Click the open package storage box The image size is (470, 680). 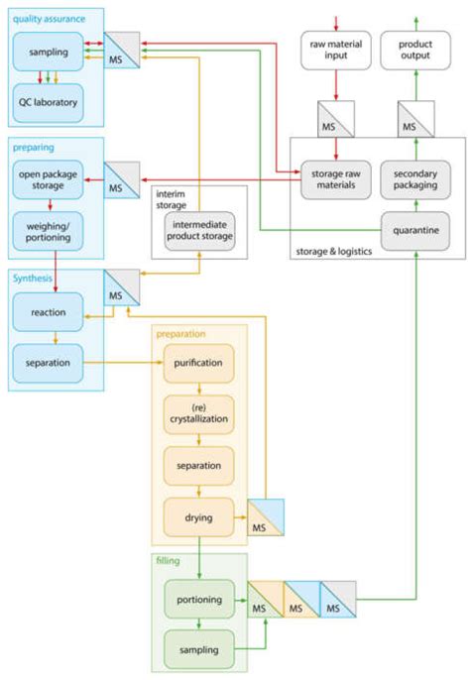(x=48, y=179)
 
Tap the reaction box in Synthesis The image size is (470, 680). (x=48, y=312)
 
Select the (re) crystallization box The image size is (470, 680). (x=198, y=413)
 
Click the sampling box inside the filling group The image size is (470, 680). (x=198, y=649)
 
